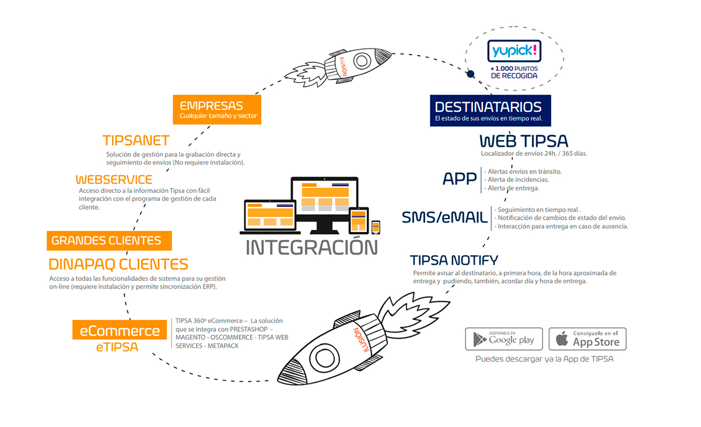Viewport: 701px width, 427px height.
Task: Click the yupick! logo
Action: (514, 51)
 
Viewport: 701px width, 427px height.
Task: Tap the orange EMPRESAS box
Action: (217, 110)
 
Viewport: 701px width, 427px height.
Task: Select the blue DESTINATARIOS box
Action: (490, 111)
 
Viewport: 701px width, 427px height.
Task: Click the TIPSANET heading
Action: (136, 140)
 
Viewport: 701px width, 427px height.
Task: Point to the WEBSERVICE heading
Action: (114, 179)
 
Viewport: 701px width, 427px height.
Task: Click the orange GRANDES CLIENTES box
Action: (109, 241)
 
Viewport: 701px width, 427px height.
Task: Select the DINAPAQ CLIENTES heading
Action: (118, 265)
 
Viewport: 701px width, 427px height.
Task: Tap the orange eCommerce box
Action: (120, 329)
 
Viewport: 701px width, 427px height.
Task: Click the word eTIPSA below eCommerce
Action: (117, 347)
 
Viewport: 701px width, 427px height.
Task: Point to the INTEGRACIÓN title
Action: (312, 247)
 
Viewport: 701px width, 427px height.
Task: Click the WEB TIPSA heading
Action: (523, 141)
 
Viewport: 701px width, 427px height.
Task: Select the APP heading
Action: (459, 179)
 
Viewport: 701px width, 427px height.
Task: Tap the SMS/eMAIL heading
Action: (445, 217)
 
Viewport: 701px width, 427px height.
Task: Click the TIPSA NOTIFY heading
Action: (454, 261)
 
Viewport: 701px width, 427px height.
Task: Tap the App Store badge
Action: (588, 339)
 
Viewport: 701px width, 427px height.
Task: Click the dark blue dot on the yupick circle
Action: (470, 74)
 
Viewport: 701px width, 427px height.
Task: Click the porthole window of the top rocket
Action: (362, 61)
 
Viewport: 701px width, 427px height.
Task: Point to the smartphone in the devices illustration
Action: (376, 227)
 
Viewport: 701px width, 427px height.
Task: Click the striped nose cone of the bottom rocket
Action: (291, 372)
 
